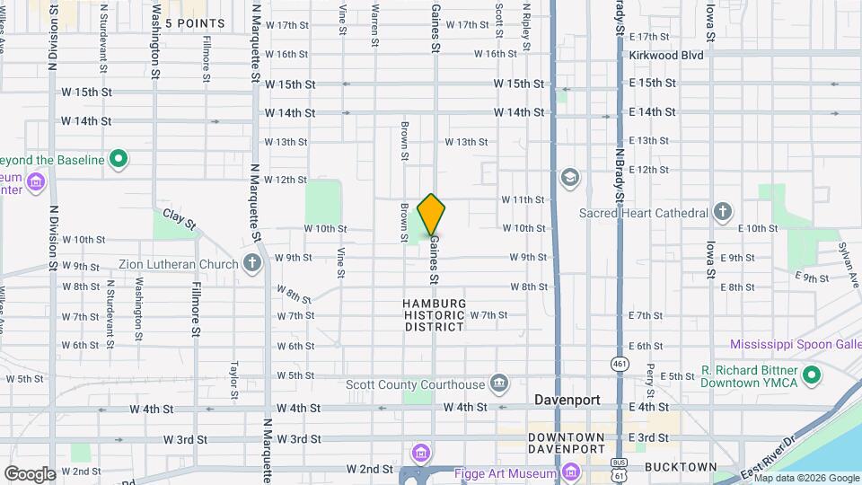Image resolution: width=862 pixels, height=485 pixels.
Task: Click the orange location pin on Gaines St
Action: [432, 215]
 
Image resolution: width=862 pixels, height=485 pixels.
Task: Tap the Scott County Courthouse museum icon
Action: [499, 384]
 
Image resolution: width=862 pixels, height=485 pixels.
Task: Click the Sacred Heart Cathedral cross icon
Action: [724, 213]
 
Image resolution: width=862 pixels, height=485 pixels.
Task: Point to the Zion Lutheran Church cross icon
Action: [253, 264]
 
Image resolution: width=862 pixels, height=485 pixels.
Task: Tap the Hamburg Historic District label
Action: [435, 315]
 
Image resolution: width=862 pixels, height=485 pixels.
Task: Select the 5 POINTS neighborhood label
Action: [194, 22]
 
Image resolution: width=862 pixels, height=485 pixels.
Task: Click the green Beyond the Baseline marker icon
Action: [118, 160]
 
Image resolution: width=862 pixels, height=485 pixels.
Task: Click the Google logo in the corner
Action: [30, 473]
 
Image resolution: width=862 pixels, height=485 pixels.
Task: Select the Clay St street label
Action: [179, 219]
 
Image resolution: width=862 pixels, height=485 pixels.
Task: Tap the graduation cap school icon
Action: [569, 177]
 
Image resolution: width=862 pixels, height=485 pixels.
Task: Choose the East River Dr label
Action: [770, 459]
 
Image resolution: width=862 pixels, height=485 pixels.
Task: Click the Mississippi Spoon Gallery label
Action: [795, 344]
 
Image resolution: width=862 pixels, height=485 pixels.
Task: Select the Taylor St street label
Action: [233, 381]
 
